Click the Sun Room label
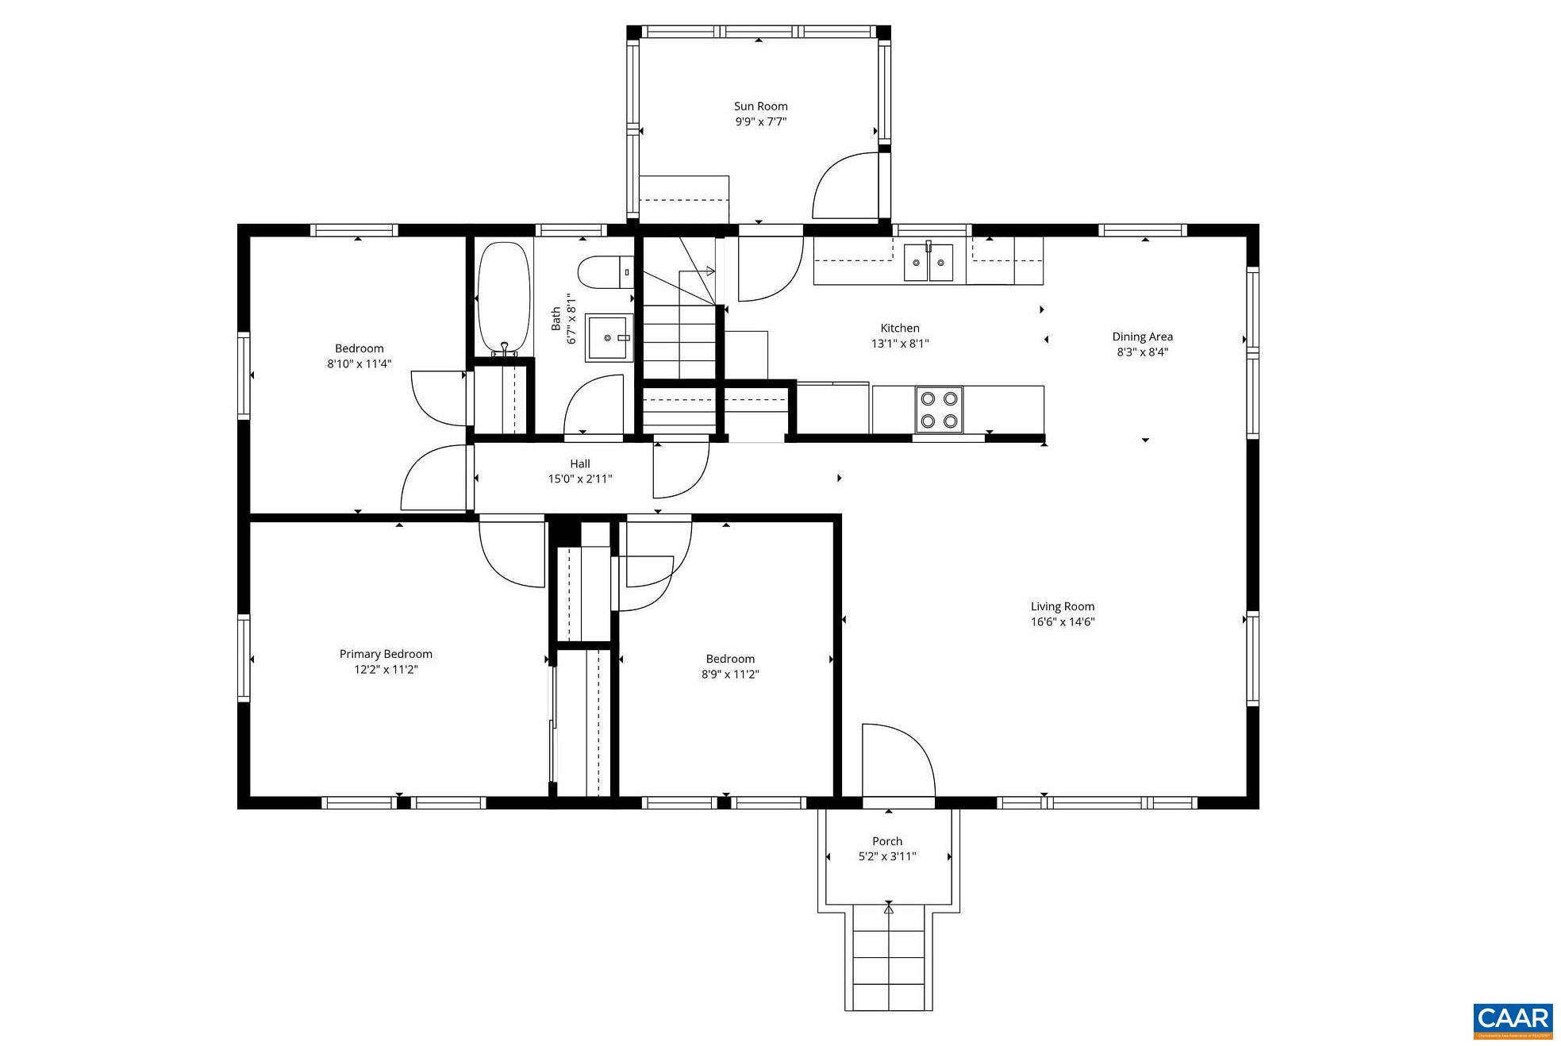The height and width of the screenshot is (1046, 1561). coord(759,106)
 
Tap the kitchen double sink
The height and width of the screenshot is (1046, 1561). coord(928,263)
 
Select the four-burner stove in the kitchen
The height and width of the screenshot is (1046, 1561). coord(938,410)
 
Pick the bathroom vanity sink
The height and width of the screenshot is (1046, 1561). coord(609,338)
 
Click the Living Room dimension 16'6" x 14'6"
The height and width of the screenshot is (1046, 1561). coord(1062,622)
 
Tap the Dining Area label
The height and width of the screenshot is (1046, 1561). coord(1141,336)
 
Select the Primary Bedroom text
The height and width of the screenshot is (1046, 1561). coord(386,654)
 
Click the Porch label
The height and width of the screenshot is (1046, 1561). coord(886,841)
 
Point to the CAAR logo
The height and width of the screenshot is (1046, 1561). coord(1513,1021)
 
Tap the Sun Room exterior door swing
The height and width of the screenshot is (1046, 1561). coord(843,187)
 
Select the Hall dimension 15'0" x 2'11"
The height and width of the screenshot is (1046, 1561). coord(579,479)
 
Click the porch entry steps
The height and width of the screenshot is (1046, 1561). coord(888,960)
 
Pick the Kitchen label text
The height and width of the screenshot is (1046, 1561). coord(899,328)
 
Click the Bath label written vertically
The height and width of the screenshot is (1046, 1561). coord(556,319)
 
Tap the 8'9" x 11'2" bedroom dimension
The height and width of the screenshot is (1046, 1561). coord(729,675)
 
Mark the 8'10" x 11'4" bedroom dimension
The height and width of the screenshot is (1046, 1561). coord(359,364)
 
